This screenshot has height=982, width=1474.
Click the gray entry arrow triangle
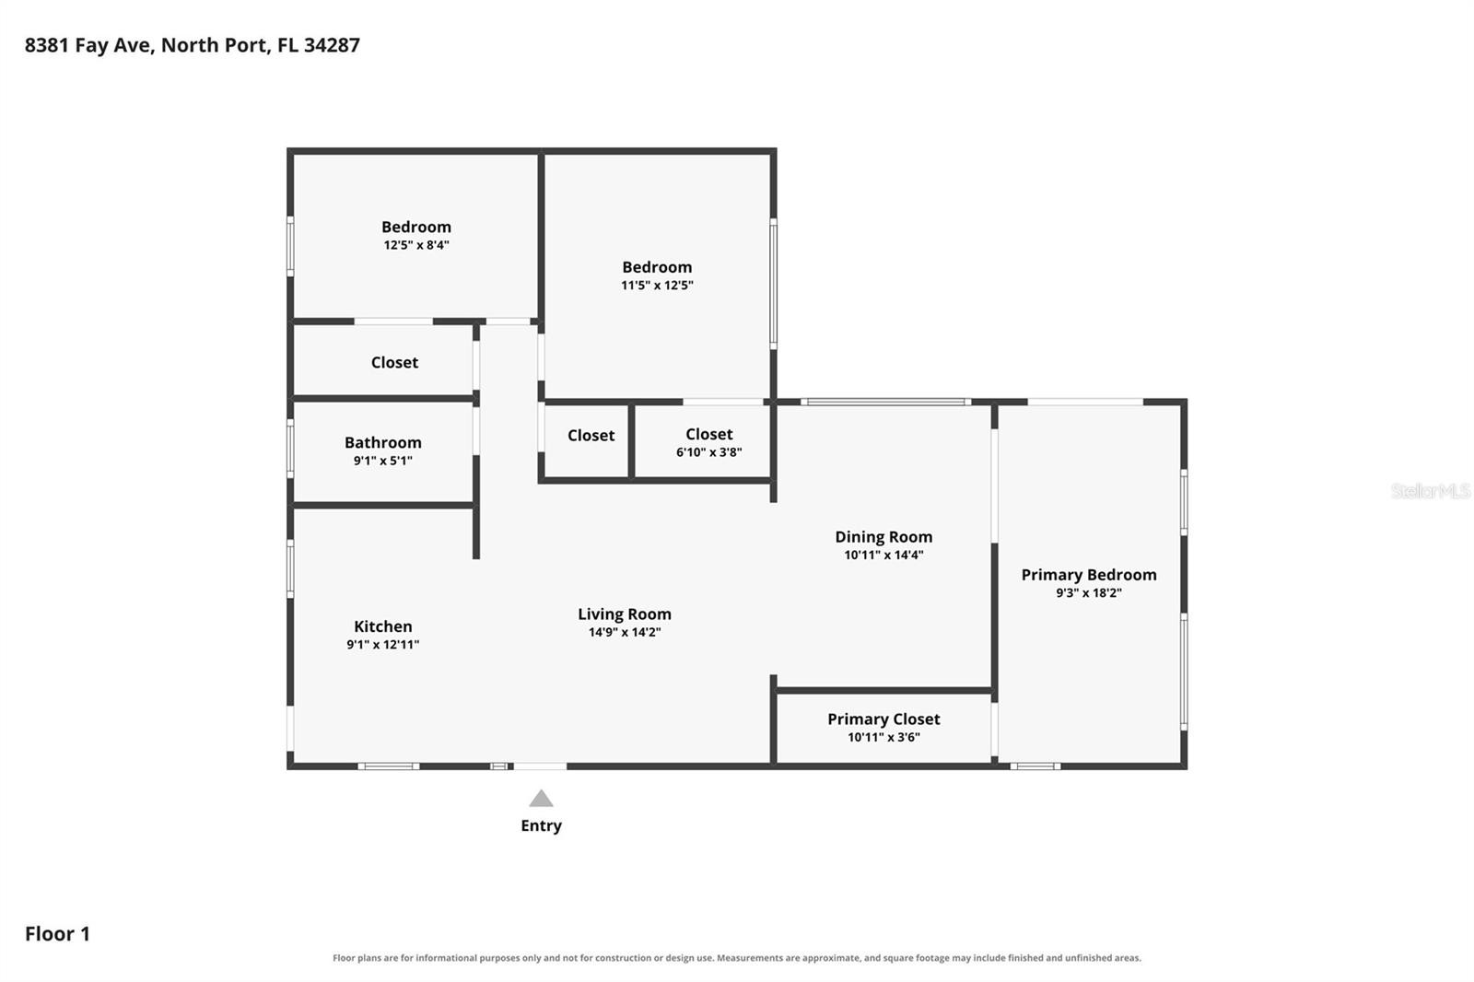[541, 799]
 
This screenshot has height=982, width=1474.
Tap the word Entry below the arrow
[541, 826]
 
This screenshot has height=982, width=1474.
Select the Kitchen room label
[383, 625]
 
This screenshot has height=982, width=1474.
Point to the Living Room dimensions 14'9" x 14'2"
[625, 632]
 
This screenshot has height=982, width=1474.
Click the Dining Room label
[883, 537]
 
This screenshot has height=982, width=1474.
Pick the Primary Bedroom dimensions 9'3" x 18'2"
[1089, 592]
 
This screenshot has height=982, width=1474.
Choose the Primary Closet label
[883, 719]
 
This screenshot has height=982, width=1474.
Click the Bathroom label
[383, 442]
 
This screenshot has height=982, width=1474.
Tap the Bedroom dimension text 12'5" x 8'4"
[416, 245]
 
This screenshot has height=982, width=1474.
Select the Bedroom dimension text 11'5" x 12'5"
[658, 285]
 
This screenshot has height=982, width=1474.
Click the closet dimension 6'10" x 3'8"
[709, 452]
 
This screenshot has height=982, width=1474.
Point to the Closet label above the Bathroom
[395, 363]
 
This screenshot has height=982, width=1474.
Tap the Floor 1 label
[57, 934]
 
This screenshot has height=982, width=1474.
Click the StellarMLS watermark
[1431, 491]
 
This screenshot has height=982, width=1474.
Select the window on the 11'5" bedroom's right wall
[774, 284]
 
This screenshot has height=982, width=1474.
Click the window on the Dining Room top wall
[886, 402]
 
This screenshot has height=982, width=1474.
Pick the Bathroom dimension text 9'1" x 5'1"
[383, 461]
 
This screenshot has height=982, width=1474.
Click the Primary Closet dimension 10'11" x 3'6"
[883, 737]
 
